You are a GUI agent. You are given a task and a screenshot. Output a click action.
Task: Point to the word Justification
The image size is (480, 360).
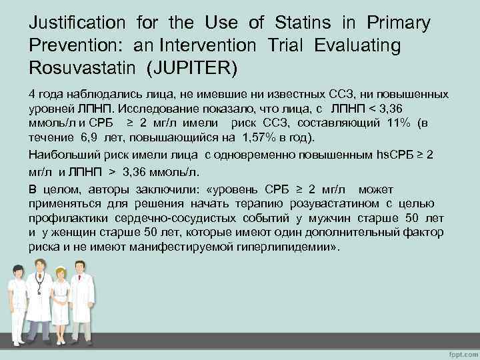[x=77, y=23]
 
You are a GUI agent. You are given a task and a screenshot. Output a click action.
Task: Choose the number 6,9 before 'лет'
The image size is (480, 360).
[x=93, y=138]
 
